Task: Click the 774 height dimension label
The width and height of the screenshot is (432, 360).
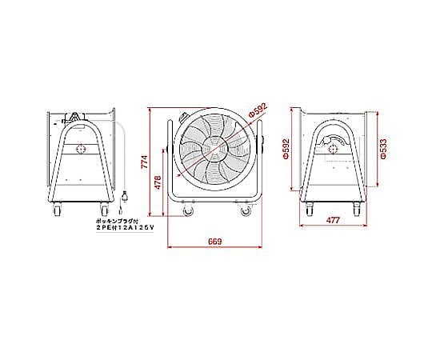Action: (x=145, y=162)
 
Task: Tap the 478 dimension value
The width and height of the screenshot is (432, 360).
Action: (x=158, y=182)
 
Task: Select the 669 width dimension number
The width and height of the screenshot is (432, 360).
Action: (x=215, y=242)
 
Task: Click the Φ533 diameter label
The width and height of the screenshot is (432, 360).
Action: (x=383, y=149)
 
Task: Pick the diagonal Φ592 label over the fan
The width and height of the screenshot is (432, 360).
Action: (x=258, y=110)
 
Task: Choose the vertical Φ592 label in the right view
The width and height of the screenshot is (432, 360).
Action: (x=286, y=149)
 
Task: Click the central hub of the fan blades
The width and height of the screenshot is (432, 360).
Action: (x=215, y=149)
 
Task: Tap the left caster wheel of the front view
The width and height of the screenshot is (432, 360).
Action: (x=189, y=211)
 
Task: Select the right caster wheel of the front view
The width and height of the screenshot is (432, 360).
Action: (x=246, y=211)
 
